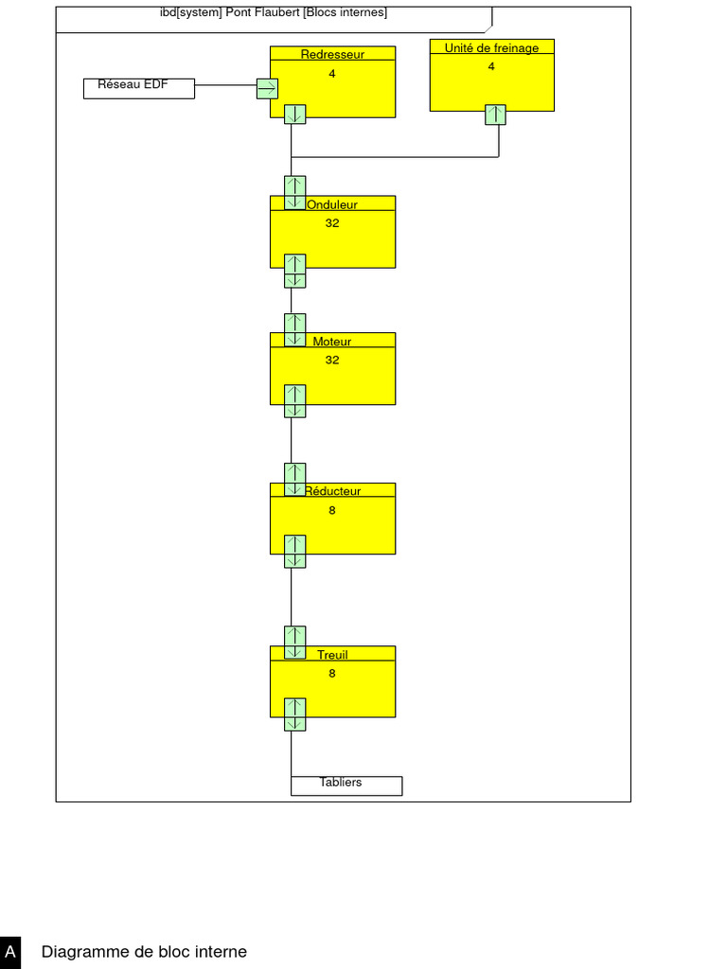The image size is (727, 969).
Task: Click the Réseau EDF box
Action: point(139,88)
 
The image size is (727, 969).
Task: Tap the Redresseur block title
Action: point(332,54)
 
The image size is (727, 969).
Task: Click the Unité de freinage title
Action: point(491,47)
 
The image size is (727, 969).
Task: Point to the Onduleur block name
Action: point(332,204)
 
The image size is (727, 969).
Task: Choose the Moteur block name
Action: point(332,341)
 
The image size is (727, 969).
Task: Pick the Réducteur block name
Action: point(332,491)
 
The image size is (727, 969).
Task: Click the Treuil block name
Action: point(332,654)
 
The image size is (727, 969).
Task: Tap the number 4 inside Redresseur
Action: point(332,73)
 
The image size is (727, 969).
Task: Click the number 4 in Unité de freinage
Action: point(491,66)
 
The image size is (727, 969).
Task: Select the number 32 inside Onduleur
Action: point(332,223)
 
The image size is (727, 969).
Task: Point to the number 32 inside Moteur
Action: point(332,360)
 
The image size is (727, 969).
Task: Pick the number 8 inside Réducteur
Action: point(332,510)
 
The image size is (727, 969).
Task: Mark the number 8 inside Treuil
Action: point(332,674)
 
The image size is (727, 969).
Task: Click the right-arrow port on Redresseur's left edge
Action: point(267,89)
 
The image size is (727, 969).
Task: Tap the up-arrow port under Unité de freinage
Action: point(495,115)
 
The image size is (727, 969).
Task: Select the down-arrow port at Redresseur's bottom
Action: point(294,114)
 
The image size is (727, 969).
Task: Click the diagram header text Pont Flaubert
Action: point(262,13)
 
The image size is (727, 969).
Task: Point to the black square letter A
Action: point(10,952)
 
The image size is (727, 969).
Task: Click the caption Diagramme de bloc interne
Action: point(144,952)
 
